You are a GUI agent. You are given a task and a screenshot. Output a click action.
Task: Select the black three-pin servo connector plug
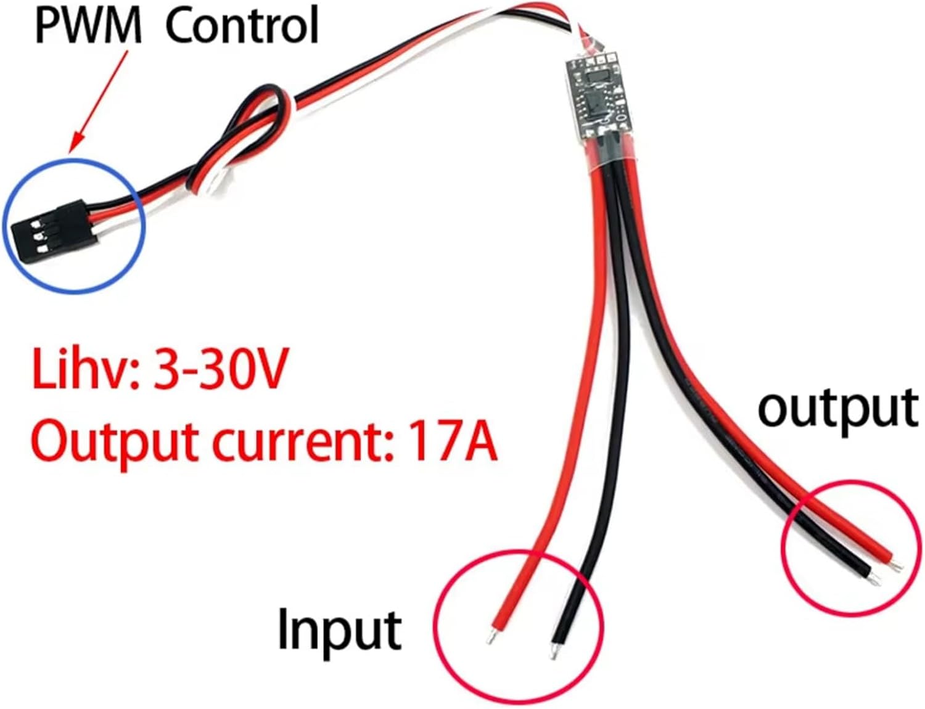[47, 227]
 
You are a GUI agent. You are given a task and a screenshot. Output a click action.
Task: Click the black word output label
[837, 408]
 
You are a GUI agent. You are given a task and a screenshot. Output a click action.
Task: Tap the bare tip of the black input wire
[553, 653]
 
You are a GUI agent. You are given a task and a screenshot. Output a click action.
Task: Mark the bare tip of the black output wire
[874, 580]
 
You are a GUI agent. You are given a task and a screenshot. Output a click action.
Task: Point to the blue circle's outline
[142, 222]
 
